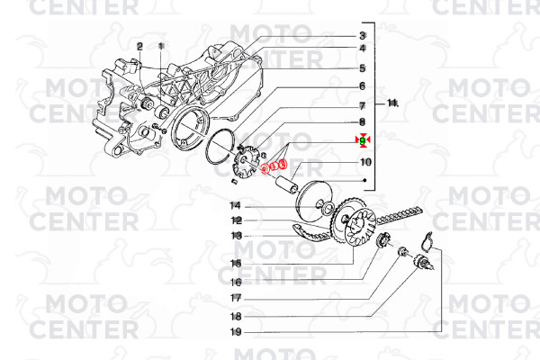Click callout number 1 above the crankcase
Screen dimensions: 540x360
(161, 46)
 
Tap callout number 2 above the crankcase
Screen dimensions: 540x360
(139, 46)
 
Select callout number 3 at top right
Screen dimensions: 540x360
(363, 35)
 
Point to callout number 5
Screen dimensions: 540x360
(363, 68)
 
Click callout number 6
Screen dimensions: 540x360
(363, 86)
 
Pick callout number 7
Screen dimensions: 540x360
(363, 106)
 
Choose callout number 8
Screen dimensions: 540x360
(363, 122)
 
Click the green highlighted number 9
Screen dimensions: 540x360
(363, 139)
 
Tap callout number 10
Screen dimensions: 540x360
(365, 162)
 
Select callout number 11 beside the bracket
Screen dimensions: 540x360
(392, 103)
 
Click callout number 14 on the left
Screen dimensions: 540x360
(235, 206)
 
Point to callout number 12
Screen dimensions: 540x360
(236, 220)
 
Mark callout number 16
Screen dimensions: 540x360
(236, 283)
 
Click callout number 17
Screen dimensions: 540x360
(236, 298)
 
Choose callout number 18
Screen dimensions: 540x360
(236, 316)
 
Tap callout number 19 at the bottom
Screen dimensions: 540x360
(236, 332)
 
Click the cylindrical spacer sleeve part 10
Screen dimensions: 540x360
(286, 184)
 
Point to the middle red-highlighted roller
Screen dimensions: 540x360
(274, 166)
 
